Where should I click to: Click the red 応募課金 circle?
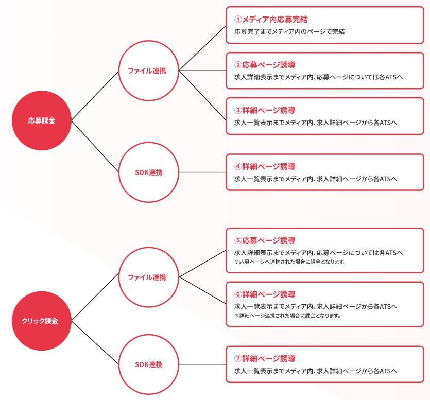42,121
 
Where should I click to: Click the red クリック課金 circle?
42,321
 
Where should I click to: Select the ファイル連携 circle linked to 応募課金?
149,71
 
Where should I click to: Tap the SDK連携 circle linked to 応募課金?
149,172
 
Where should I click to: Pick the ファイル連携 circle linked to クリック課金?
149,277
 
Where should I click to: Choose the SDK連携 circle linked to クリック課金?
149,364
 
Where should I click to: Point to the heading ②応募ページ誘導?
265,65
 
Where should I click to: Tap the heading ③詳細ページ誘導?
265,111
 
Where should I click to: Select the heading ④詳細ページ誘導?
265,166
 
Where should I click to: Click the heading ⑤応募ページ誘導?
265,240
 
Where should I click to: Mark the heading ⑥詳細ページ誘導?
265,294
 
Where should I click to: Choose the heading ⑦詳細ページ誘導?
265,359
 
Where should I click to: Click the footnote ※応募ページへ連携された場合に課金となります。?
289,262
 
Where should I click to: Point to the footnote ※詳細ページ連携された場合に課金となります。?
287,316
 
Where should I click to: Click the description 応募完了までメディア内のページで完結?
289,32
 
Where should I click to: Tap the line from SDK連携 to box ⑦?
202,364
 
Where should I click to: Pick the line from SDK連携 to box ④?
202,172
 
